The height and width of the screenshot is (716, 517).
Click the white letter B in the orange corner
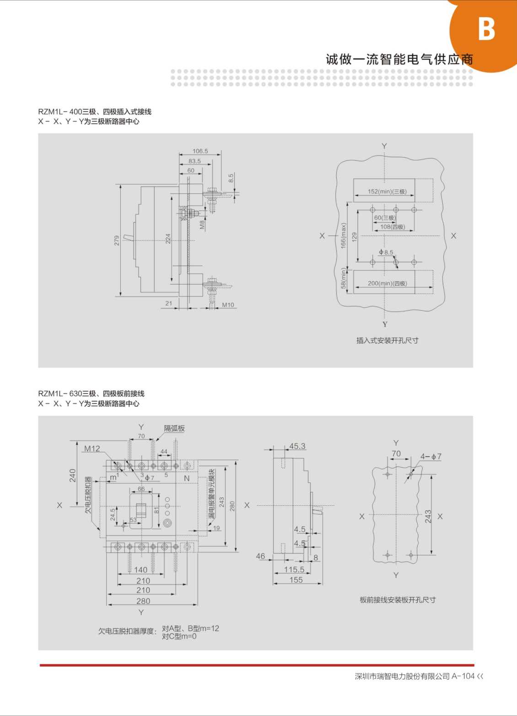[x=486, y=29]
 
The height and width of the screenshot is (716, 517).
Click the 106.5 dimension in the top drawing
[x=200, y=151]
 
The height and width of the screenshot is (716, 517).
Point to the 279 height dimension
[x=117, y=240]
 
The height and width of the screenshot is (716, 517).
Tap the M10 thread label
[x=228, y=305]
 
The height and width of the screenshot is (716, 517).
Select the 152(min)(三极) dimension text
[x=387, y=191]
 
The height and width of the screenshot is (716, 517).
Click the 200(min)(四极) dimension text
[x=387, y=284]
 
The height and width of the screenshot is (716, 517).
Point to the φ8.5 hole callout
[x=386, y=252]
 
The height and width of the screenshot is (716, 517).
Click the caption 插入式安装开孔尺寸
[x=387, y=340]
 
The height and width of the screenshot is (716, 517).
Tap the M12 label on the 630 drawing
[x=92, y=448]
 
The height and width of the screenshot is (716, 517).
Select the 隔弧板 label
[x=174, y=428]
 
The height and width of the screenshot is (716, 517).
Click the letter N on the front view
[x=187, y=478]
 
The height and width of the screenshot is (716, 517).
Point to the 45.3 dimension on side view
[x=297, y=446]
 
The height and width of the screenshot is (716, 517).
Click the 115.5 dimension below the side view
[x=294, y=569]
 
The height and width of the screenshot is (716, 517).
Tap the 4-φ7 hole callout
[x=431, y=457]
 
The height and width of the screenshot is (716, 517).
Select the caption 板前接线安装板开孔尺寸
[x=397, y=600]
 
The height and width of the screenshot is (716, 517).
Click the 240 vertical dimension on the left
[x=73, y=475]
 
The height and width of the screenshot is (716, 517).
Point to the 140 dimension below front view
[x=140, y=570]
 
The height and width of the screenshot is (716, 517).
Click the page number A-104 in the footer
[x=463, y=676]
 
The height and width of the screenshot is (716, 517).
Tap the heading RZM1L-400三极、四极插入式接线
[x=95, y=112]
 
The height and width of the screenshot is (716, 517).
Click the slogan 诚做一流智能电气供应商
[x=399, y=59]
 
